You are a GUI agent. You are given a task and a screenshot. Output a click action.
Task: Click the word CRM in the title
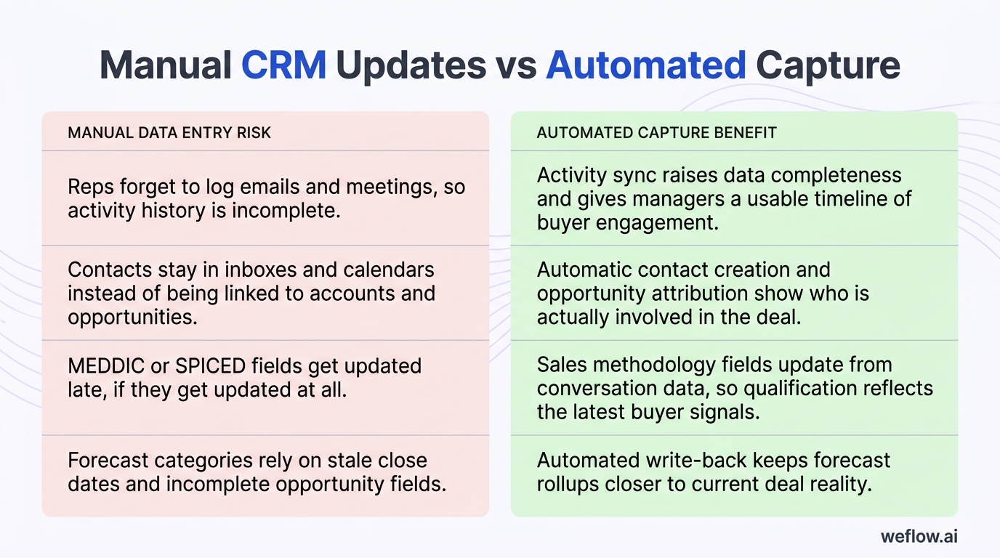click(283, 65)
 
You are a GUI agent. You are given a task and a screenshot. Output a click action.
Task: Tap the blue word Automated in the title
click(645, 65)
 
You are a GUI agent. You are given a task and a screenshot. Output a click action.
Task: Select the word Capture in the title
click(828, 65)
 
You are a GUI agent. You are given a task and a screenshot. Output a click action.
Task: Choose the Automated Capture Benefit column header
click(656, 132)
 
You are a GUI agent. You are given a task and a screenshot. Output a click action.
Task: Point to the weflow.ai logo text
click(919, 536)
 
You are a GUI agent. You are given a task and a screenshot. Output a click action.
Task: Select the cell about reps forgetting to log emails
click(266, 198)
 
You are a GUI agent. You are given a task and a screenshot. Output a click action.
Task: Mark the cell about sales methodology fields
click(734, 388)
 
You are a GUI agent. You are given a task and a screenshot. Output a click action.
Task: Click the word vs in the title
click(515, 65)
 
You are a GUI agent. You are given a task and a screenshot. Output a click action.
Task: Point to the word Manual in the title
click(165, 65)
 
